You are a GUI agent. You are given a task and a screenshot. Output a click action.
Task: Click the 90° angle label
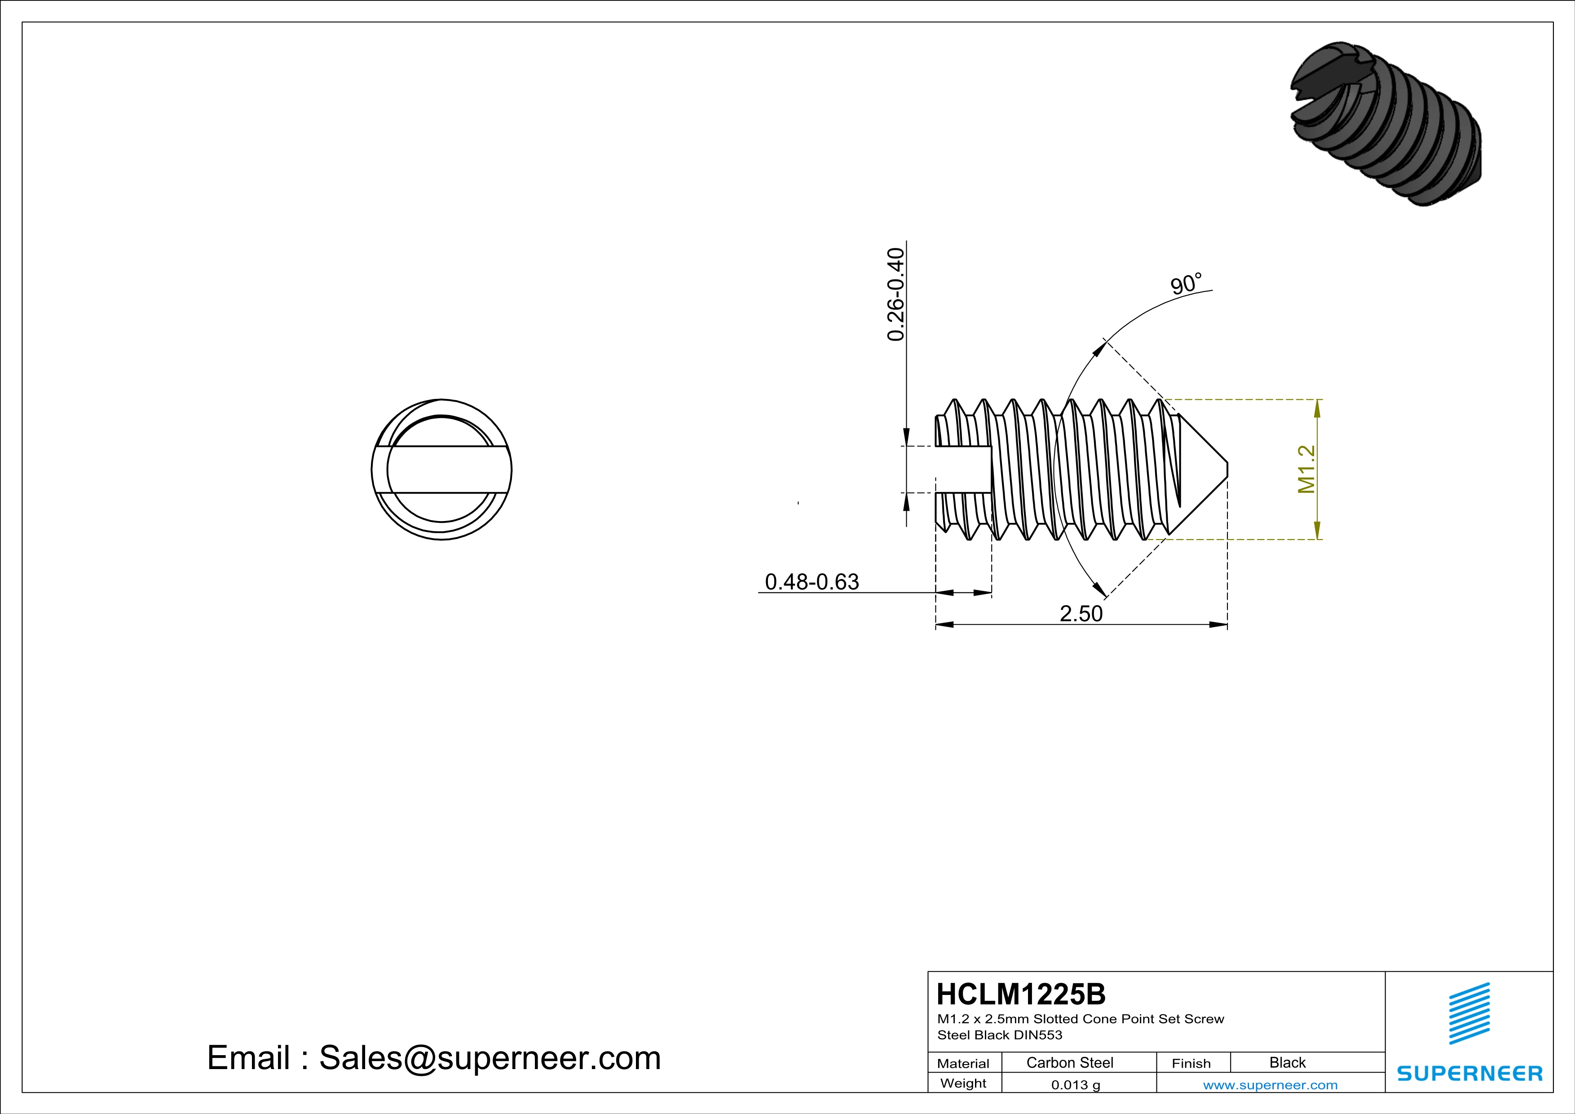(1186, 284)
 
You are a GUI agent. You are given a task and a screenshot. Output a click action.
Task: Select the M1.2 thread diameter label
(1306, 469)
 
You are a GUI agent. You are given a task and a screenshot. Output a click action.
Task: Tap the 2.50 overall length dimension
(1081, 613)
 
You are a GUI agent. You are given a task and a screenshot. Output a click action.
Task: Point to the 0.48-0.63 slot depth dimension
(812, 582)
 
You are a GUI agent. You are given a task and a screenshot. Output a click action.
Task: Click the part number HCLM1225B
(1021, 994)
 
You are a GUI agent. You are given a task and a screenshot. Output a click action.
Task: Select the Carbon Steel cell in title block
(1069, 1062)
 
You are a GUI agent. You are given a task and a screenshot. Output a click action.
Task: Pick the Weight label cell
(963, 1083)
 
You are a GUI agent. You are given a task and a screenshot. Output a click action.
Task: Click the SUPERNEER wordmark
(1469, 1074)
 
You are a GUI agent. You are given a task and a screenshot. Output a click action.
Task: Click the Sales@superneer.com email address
(490, 1058)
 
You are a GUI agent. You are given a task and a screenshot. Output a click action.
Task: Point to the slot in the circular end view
(442, 470)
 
